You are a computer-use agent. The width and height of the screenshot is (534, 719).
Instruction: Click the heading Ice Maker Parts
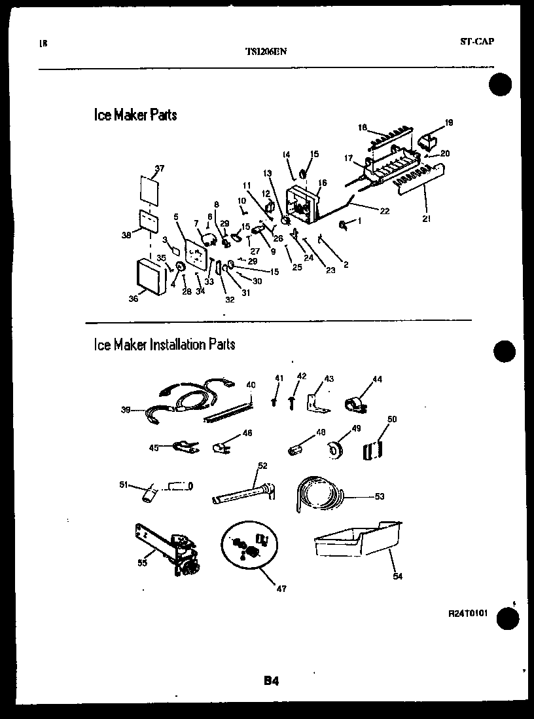[x=135, y=115]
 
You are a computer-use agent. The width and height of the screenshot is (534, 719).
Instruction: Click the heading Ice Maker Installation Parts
[x=164, y=344]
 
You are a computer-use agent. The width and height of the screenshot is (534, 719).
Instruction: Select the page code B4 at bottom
[x=272, y=681]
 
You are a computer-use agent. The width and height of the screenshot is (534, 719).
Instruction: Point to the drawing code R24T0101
[x=468, y=614]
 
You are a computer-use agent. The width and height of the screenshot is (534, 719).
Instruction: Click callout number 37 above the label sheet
[x=160, y=169]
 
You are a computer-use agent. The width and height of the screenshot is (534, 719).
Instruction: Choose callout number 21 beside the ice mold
[x=427, y=219]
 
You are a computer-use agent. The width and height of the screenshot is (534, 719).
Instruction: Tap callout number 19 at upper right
[x=449, y=122]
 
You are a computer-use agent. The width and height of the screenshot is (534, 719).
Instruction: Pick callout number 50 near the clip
[x=393, y=419]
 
